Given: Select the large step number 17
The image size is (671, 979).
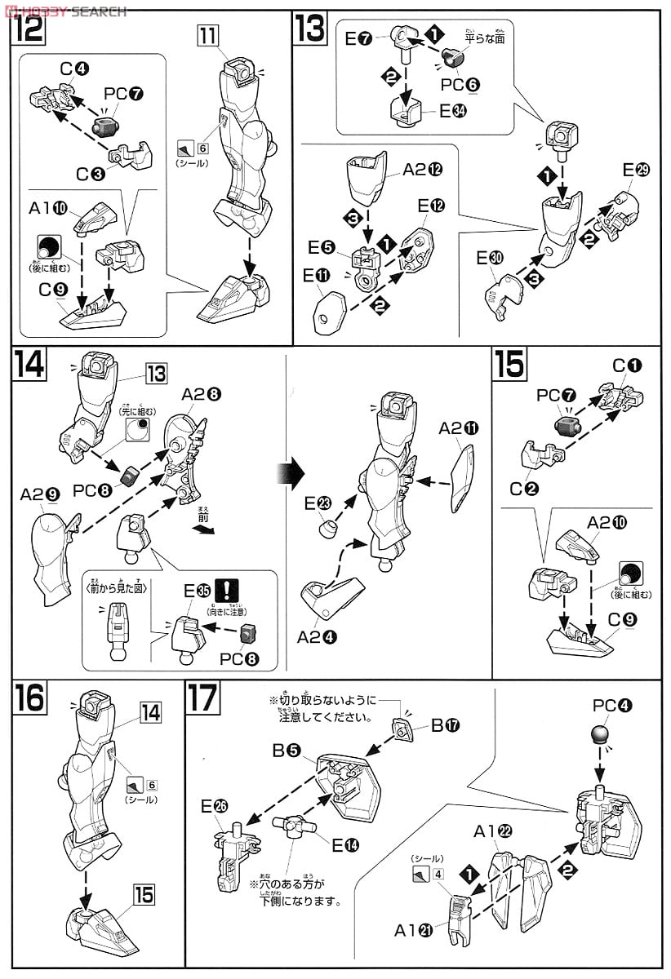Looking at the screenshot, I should tap(202, 699).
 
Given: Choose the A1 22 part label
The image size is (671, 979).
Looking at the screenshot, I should tap(494, 831).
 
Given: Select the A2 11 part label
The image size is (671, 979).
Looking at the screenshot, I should tap(457, 428).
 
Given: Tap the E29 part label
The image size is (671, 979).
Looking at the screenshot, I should tap(639, 171).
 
